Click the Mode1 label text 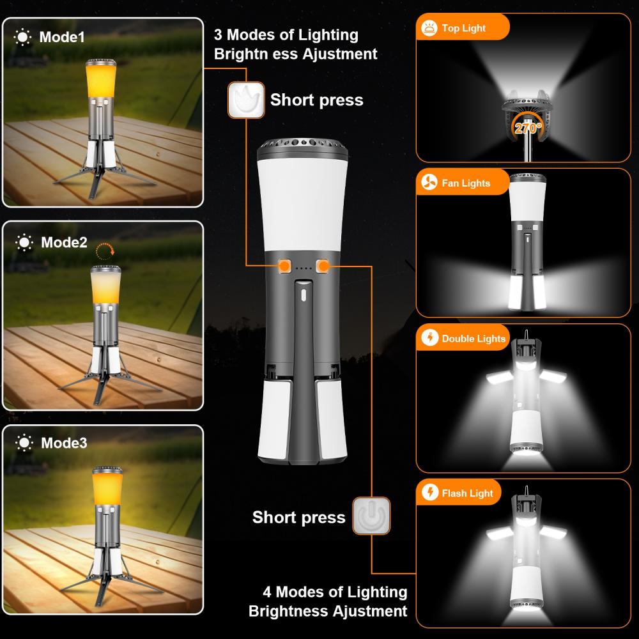pos(62,37)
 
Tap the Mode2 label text pos(64,242)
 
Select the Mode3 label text pos(64,442)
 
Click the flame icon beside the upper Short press pos(246,100)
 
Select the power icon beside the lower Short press pos(371,515)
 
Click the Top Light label pos(464,28)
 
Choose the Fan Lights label pos(466,183)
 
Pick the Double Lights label pos(473,339)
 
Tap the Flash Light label pos(468,493)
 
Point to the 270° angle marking pos(527,128)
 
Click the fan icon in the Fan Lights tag pos(429,183)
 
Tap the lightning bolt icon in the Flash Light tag pos(429,493)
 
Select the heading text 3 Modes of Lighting pos(286,35)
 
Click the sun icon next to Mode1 pos(23,37)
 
